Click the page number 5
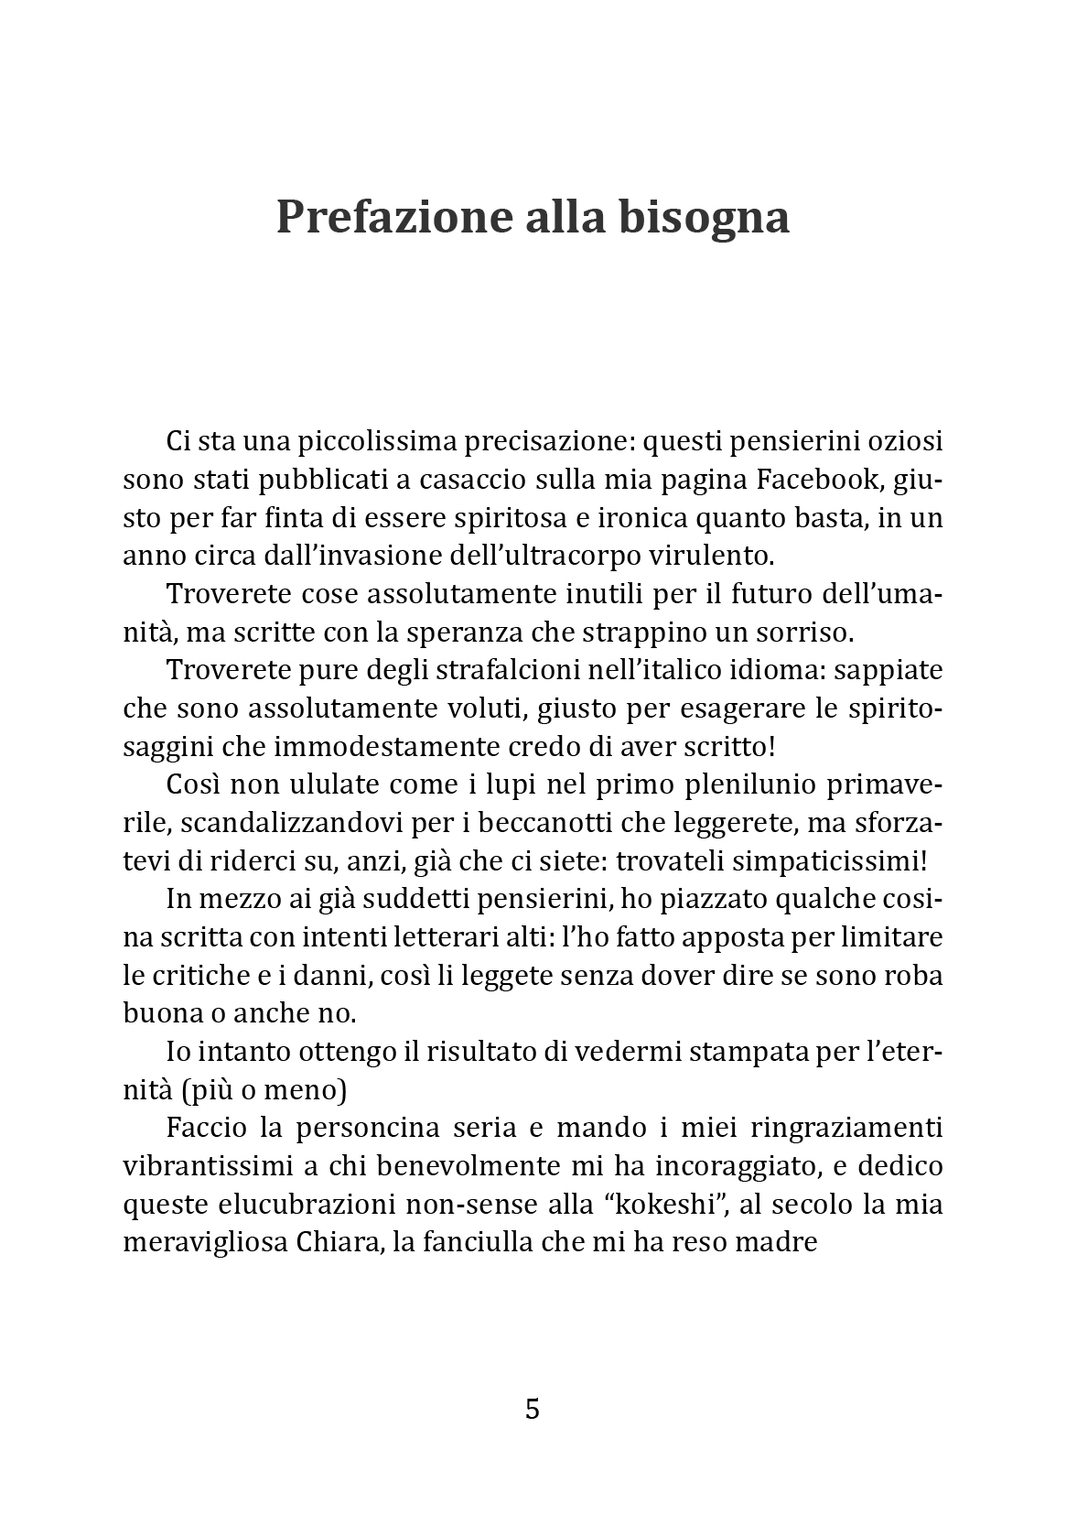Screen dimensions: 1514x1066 coord(533,1409)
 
